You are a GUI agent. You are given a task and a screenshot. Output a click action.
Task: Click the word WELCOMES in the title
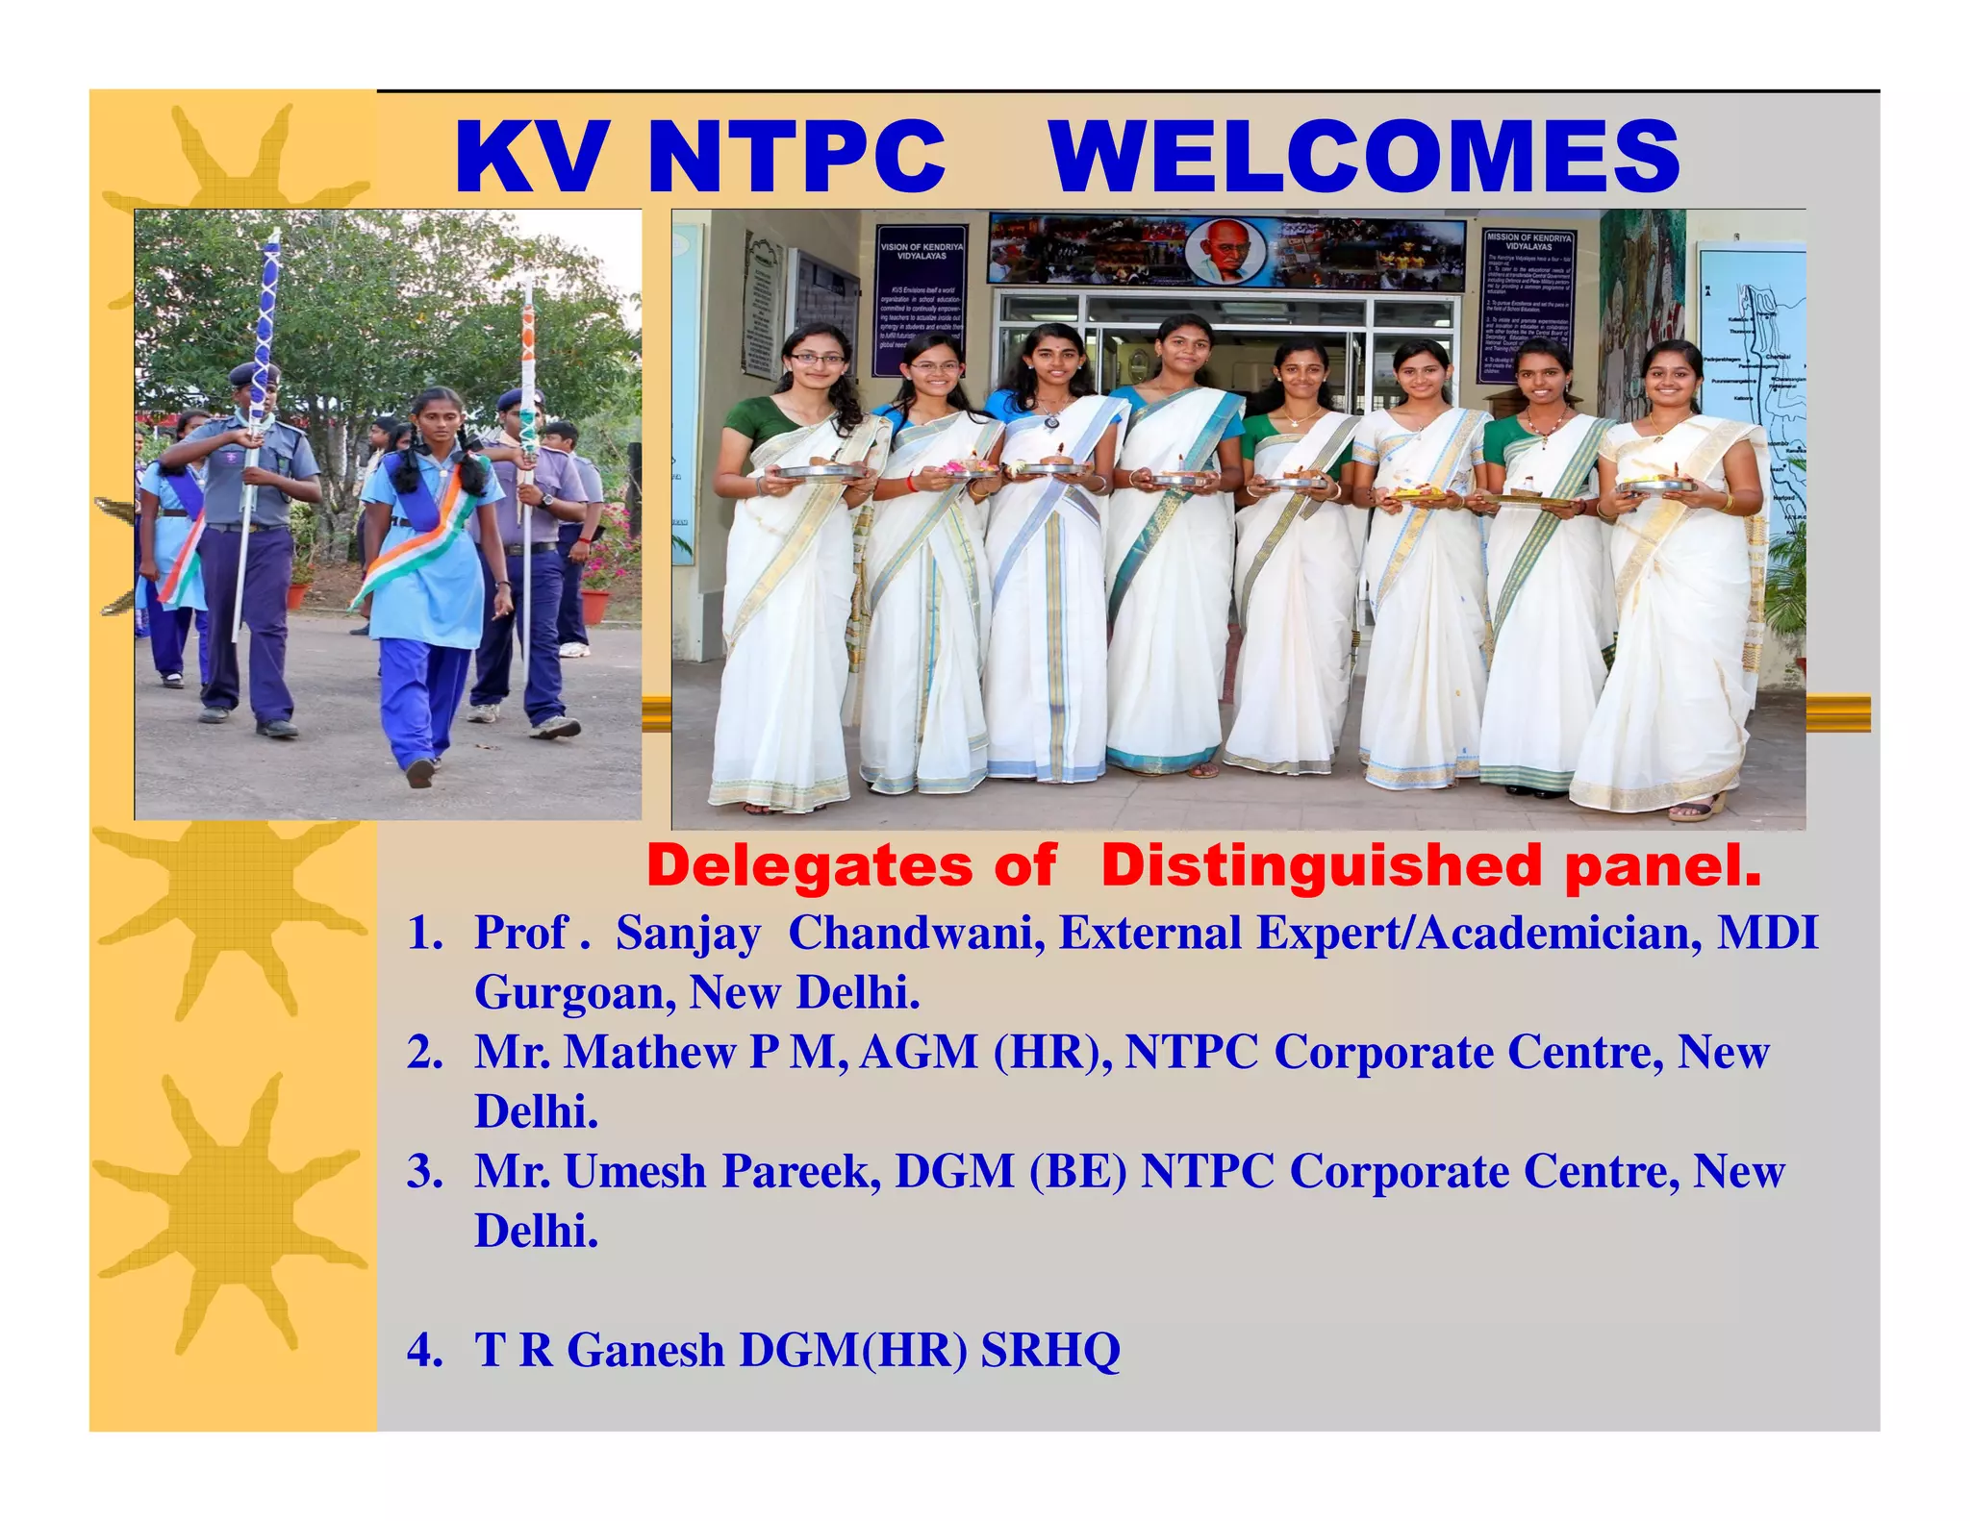pyautogui.click(x=1364, y=157)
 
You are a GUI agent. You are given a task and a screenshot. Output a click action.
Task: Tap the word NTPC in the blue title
pyautogui.click(x=796, y=157)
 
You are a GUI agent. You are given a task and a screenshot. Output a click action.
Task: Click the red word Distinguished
pyautogui.click(x=1322, y=865)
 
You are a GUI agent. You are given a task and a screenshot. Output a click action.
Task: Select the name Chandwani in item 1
pyautogui.click(x=916, y=933)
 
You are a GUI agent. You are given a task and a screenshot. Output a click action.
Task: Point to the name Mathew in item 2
pyautogui.click(x=649, y=1052)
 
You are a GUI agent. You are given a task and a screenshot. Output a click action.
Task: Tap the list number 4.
pyautogui.click(x=423, y=1350)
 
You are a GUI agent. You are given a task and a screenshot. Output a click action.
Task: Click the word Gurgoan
pyautogui.click(x=573, y=992)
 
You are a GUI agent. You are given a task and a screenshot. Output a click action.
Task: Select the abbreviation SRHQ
pyautogui.click(x=1050, y=1350)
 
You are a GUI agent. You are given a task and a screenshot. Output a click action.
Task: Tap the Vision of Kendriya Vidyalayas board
pyautogui.click(x=921, y=300)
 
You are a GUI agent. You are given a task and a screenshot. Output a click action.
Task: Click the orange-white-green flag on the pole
pyautogui.click(x=528, y=385)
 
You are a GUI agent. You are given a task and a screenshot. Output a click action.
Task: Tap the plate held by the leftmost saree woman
pyautogui.click(x=820, y=472)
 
